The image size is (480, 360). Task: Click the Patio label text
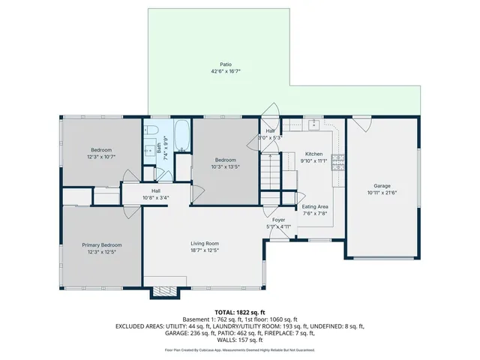pyautogui.click(x=225, y=64)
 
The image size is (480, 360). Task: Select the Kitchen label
pyautogui.click(x=313, y=154)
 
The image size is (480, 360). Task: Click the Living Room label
pyautogui.click(x=203, y=244)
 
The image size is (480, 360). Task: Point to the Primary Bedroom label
pyautogui.click(x=101, y=245)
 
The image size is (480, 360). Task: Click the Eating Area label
pyautogui.click(x=314, y=206)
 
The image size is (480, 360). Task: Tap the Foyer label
pyautogui.click(x=277, y=220)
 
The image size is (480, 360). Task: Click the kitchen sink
pyautogui.click(x=315, y=124)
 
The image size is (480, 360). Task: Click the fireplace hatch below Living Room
pyautogui.click(x=166, y=291)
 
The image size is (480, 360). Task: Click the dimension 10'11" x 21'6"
pyautogui.click(x=382, y=193)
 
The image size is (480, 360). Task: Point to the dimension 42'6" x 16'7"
pyautogui.click(x=225, y=72)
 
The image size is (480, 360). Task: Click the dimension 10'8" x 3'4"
pyautogui.click(x=156, y=198)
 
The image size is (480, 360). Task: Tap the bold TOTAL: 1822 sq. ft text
pyautogui.click(x=240, y=312)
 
